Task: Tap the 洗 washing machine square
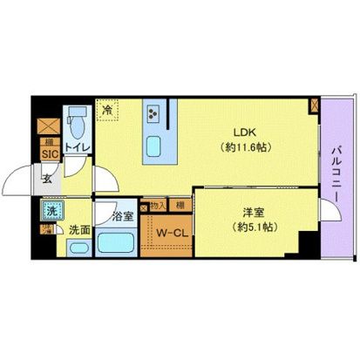tap(50, 212)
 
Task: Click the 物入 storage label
tap(156, 206)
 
